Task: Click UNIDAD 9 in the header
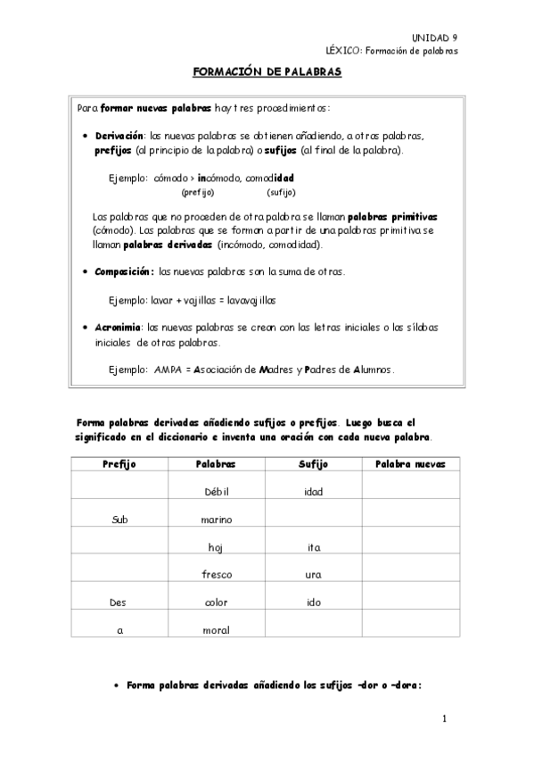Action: (434, 37)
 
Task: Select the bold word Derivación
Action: (119, 136)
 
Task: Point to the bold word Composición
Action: (125, 271)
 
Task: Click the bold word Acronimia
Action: (119, 328)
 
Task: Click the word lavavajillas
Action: (251, 299)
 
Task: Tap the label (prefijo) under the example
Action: (197, 192)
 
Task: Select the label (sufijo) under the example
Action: (281, 192)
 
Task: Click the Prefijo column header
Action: (119, 464)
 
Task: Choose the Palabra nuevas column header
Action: (410, 464)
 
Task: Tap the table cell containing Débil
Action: (217, 492)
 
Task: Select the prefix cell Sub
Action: (119, 520)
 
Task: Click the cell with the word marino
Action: (217, 520)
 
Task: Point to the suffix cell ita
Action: (313, 547)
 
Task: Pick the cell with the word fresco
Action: (217, 575)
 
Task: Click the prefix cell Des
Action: (119, 603)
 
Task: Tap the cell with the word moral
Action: (217, 630)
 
